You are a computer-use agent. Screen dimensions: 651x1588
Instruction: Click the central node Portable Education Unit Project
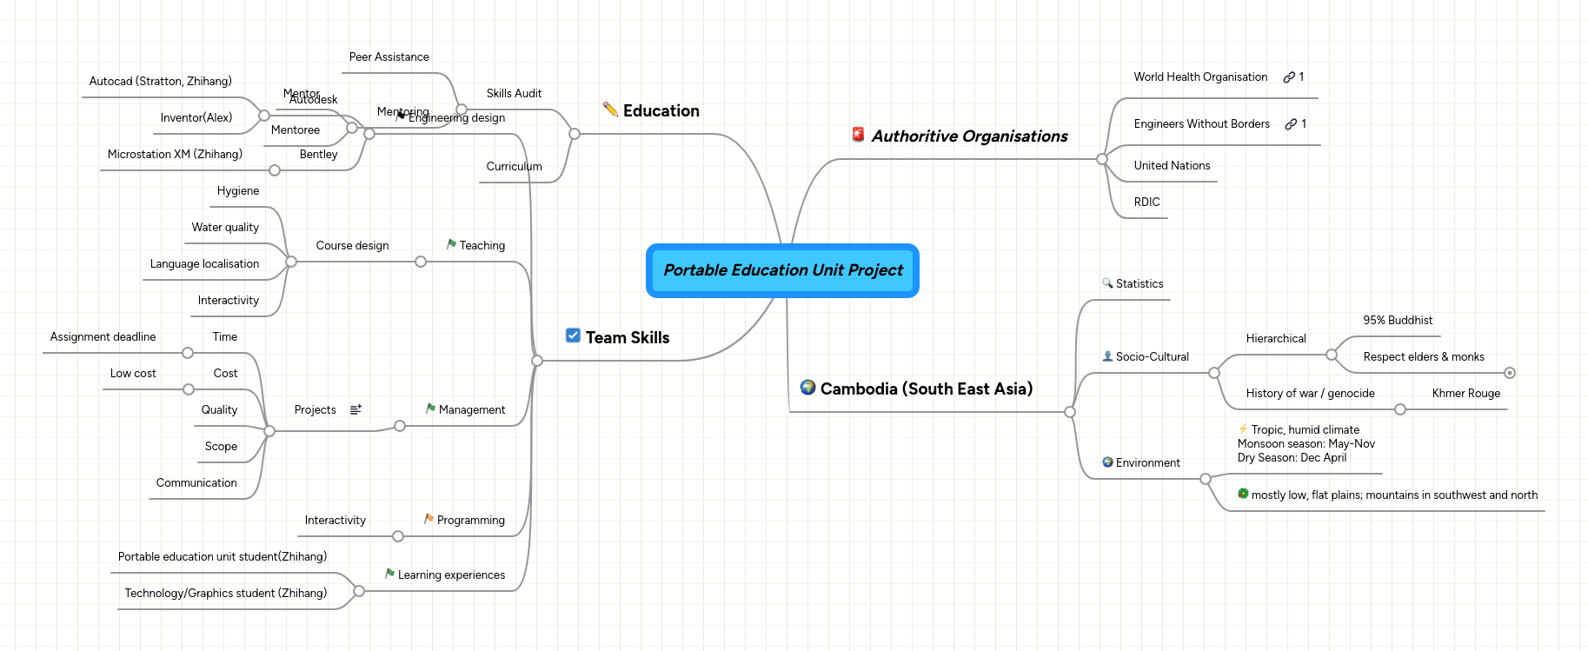[782, 270]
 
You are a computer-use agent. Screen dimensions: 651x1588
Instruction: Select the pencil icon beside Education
[610, 110]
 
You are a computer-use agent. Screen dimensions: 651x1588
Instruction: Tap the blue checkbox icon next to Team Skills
[573, 335]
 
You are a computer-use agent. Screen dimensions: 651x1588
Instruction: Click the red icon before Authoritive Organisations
[858, 135]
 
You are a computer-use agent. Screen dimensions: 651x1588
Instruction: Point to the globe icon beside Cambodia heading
[807, 388]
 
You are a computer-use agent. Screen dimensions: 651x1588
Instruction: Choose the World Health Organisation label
[1199, 77]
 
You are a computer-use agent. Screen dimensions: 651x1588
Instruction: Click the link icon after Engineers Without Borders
[1291, 124]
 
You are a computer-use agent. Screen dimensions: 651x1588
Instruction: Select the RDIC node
[1146, 203]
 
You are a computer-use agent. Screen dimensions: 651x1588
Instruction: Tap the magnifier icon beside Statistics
[1107, 283]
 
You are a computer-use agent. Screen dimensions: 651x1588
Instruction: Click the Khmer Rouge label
[1465, 394]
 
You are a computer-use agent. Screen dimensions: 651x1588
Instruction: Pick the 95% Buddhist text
[1397, 321]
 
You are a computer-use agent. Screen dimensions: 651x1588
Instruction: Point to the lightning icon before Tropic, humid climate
[1243, 429]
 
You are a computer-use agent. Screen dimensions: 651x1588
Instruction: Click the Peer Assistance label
[389, 57]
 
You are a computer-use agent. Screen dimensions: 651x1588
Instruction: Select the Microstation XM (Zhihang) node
[175, 155]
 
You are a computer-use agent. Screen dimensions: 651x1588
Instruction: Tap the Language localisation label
[204, 264]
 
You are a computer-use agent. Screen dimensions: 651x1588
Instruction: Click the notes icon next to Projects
[355, 409]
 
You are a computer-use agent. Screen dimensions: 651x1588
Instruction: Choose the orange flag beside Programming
[429, 519]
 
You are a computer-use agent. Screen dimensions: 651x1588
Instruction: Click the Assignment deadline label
[103, 337]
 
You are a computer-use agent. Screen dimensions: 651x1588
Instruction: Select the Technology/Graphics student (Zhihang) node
[225, 594]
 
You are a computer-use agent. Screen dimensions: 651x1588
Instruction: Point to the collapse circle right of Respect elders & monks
[1510, 373]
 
